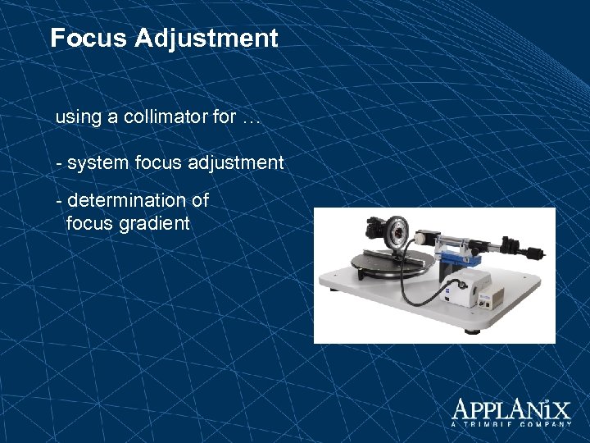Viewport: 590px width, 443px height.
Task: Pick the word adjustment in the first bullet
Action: point(235,162)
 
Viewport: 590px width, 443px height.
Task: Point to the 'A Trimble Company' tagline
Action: point(511,424)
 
